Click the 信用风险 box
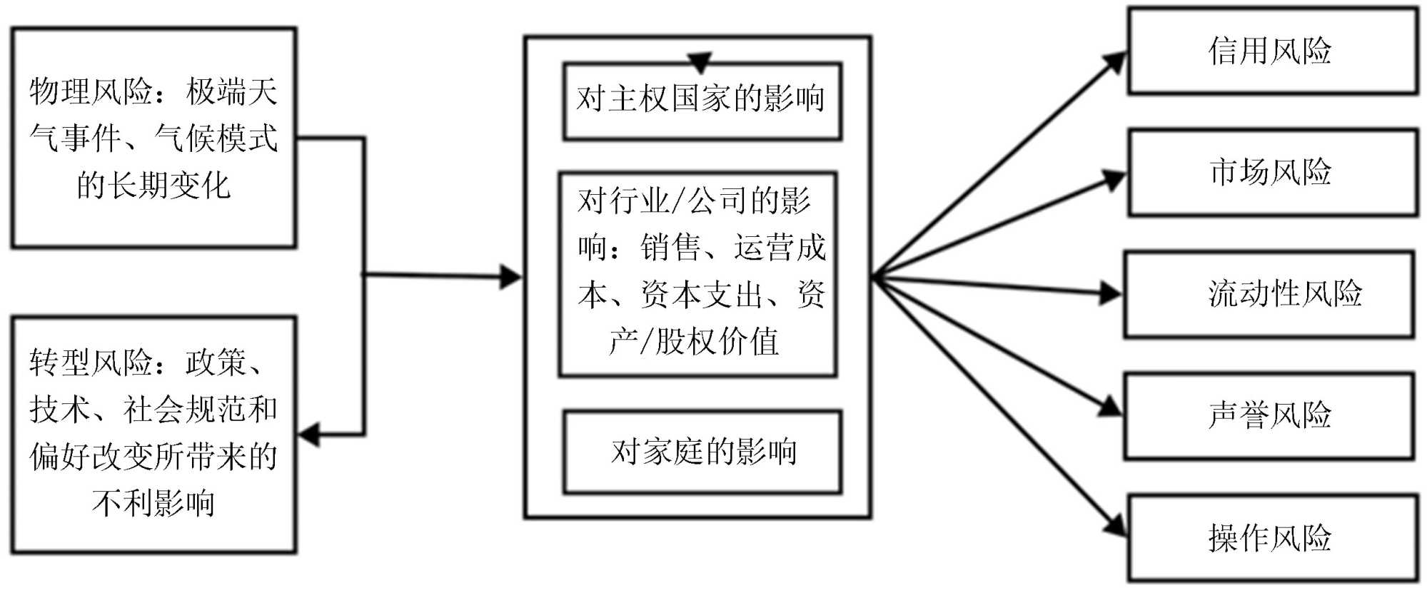(x=1271, y=51)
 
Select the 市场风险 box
(x=1271, y=173)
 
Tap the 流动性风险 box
(x=1269, y=294)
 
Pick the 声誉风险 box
(x=1269, y=416)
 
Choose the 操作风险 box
(x=1271, y=539)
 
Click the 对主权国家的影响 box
(x=702, y=101)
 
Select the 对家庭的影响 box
(x=702, y=452)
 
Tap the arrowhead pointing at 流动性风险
(x=1110, y=293)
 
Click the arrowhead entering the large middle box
(x=510, y=277)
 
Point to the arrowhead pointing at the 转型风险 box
(x=309, y=434)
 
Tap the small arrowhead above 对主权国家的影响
(x=700, y=62)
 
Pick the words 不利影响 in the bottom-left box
(x=153, y=503)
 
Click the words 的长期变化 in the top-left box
(x=153, y=186)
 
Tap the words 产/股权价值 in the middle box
(x=694, y=341)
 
